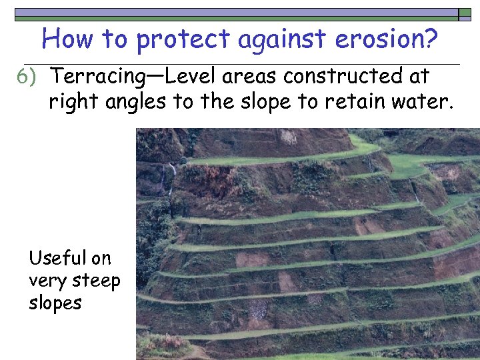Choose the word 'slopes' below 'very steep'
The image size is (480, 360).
coord(55,303)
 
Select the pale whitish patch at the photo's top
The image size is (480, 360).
coord(289,137)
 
